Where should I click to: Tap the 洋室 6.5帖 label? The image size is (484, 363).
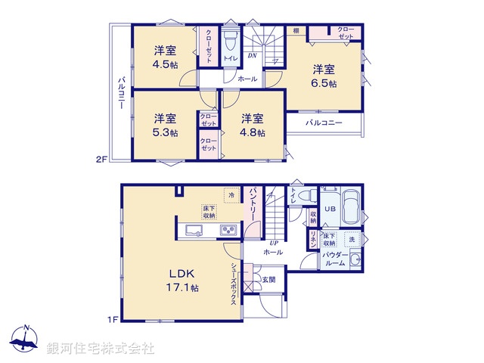click(x=325, y=76)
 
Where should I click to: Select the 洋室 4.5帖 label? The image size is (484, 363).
click(x=166, y=57)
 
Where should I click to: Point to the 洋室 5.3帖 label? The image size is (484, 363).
click(x=166, y=126)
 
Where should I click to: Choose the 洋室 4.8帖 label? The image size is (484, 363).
click(x=253, y=126)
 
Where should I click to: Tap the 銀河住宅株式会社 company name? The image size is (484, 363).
click(x=100, y=349)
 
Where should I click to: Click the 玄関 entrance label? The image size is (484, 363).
click(x=269, y=280)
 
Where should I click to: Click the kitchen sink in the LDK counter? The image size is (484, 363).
click(x=192, y=231)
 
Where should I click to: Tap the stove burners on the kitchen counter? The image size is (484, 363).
click(x=228, y=231)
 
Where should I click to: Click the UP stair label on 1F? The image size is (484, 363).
click(x=273, y=244)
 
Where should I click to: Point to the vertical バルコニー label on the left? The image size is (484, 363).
click(x=120, y=94)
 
